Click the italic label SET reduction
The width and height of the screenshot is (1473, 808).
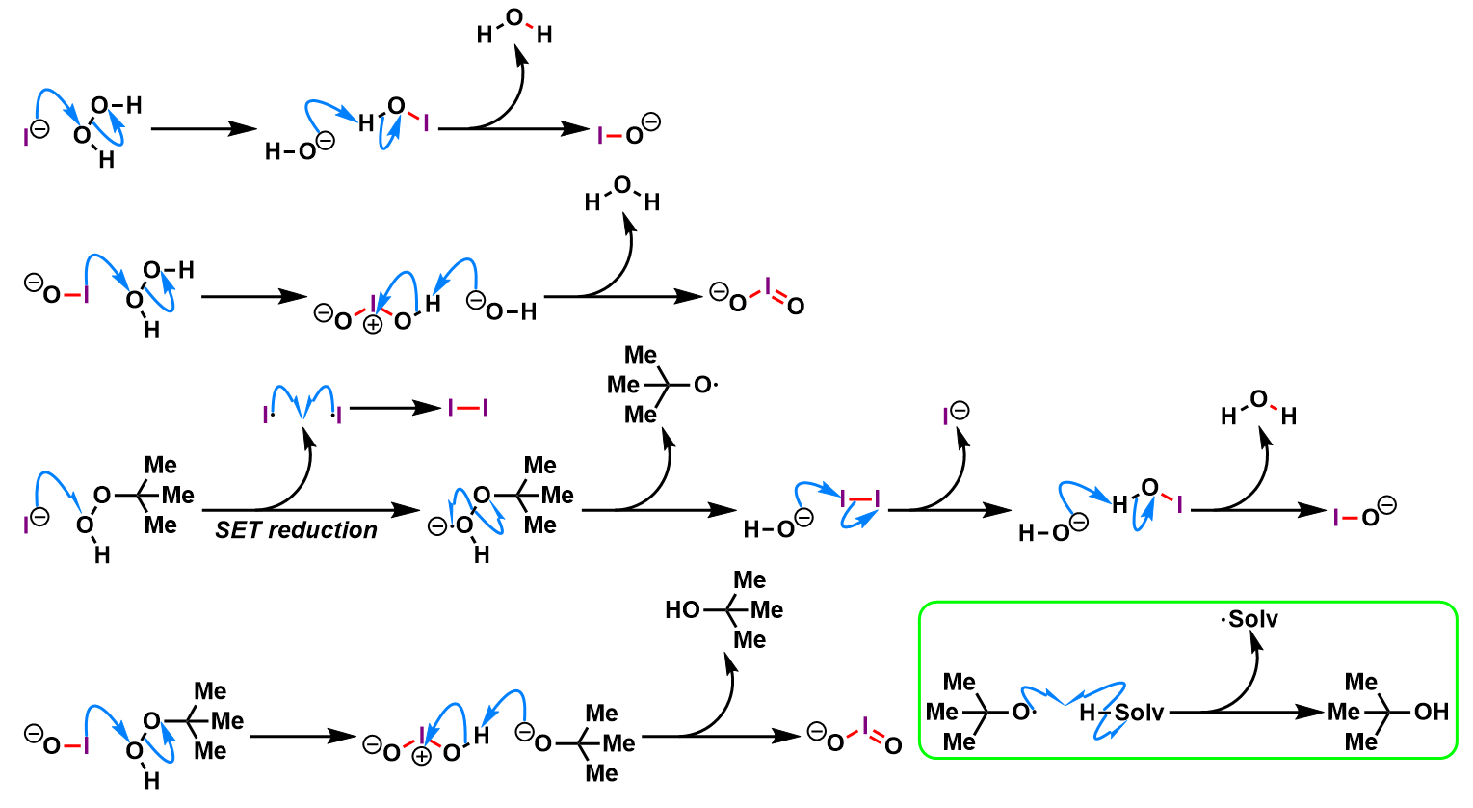coord(296,530)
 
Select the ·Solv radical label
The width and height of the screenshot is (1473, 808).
coord(1249,619)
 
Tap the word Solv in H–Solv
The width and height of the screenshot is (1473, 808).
coord(1140,713)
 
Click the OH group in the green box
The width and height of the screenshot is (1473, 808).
coord(1431,712)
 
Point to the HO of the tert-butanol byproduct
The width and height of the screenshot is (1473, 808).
coord(682,609)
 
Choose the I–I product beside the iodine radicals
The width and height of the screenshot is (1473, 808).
coord(468,408)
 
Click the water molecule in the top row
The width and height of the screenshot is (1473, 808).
coord(514,28)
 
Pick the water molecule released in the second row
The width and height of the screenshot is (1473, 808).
coord(622,193)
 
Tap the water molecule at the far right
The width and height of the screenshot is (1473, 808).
coord(1258,407)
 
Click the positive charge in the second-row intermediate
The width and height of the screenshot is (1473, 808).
coord(373,325)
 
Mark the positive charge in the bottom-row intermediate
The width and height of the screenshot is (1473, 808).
coord(421,756)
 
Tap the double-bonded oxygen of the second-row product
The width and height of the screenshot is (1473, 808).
coord(795,307)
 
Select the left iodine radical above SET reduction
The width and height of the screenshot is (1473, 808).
coord(266,415)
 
